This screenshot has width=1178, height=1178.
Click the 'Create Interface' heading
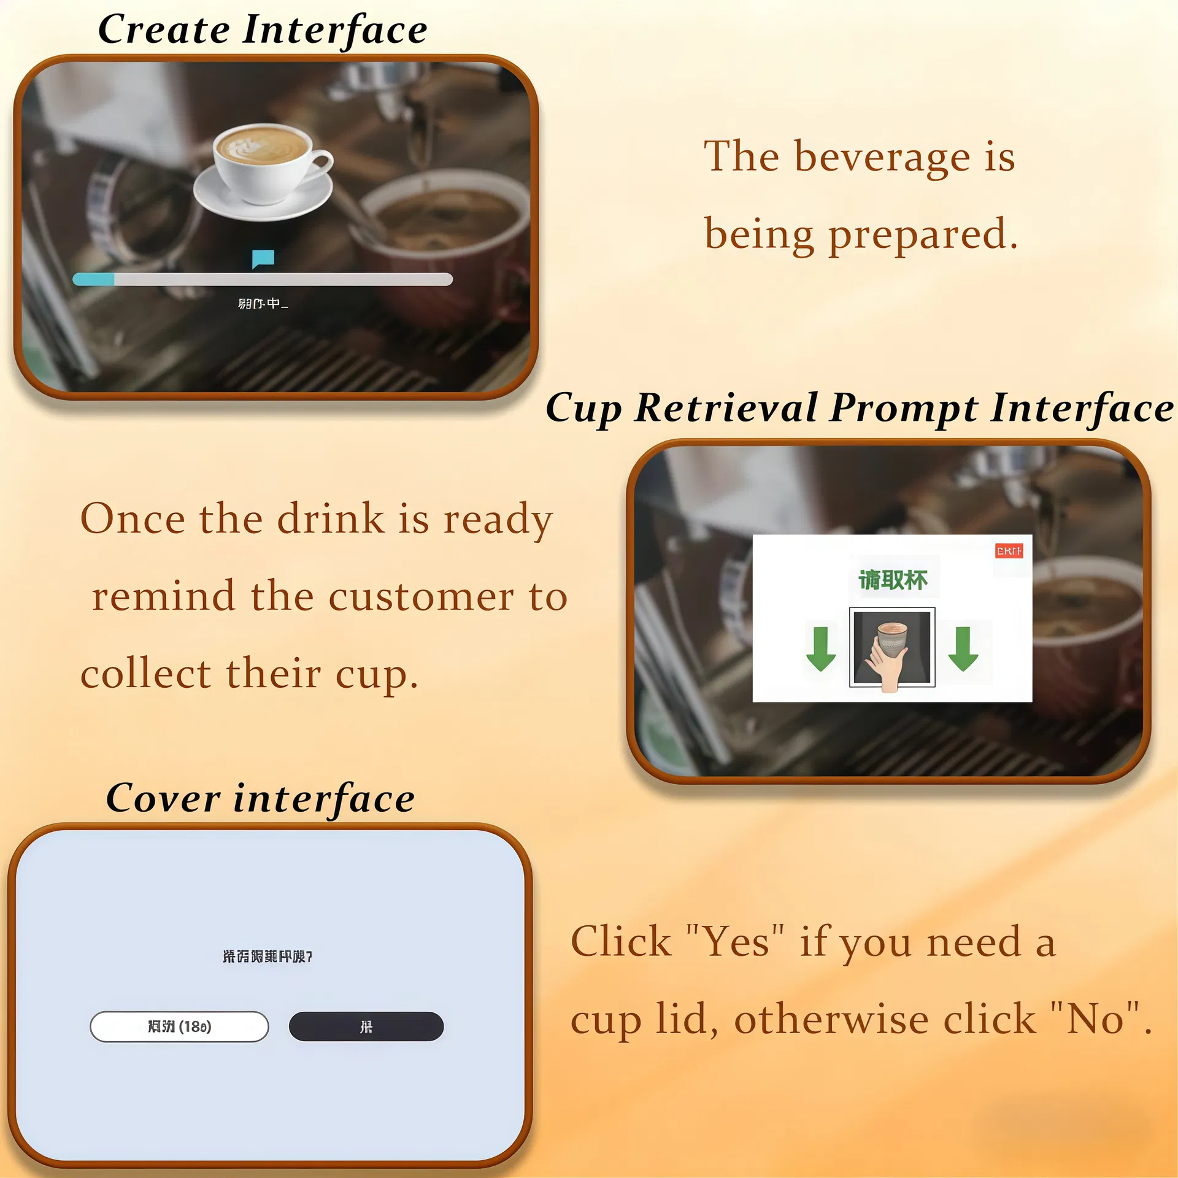[263, 29]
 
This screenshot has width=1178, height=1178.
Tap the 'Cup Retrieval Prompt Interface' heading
[859, 408]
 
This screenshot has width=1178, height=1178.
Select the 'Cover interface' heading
[260, 798]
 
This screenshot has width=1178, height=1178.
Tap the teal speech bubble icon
[263, 258]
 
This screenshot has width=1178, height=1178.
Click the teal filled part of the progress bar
[94, 280]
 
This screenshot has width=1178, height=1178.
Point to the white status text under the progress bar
[263, 304]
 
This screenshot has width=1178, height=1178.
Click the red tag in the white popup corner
[1009, 550]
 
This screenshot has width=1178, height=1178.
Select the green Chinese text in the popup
[893, 580]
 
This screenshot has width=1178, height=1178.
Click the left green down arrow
[820, 649]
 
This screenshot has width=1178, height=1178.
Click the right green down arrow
[963, 649]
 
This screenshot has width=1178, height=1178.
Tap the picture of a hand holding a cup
[892, 648]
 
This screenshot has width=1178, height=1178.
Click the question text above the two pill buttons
[268, 957]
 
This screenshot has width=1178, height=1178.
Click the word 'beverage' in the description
[882, 157]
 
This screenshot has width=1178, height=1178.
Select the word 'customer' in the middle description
[421, 597]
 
